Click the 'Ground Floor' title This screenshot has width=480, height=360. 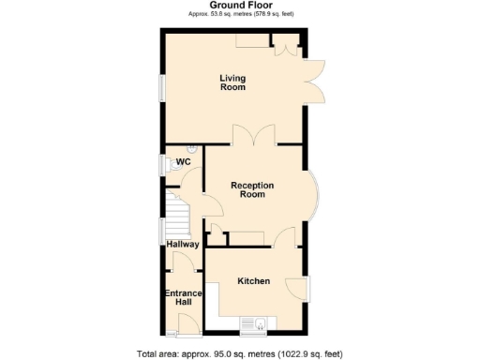click(239, 5)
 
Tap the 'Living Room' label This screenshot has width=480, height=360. click(232, 82)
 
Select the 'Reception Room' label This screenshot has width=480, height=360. click(252, 190)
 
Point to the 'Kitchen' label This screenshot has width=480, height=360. click(253, 281)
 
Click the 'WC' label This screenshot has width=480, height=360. click(183, 162)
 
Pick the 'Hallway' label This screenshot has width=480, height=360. click(183, 245)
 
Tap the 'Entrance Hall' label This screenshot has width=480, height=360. click(184, 298)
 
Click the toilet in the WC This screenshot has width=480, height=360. click(191, 149)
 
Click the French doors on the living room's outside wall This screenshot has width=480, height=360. click(316, 81)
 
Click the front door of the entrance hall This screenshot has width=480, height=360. click(188, 324)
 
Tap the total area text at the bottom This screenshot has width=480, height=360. click(239, 353)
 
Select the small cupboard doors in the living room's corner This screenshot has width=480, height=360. click(283, 44)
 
